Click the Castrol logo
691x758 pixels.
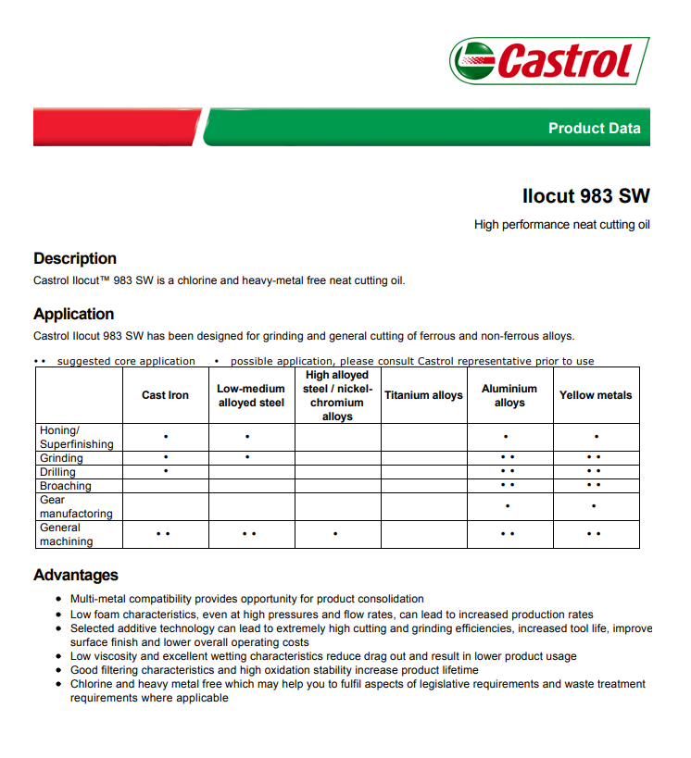point(549,61)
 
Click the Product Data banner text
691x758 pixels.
point(594,129)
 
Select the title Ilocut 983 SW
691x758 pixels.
point(586,196)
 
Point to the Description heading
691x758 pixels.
point(75,258)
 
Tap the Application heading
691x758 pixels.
point(74,314)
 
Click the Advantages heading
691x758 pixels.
point(76,575)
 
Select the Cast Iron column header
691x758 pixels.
point(165,395)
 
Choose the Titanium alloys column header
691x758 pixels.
point(423,395)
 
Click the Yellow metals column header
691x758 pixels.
point(596,395)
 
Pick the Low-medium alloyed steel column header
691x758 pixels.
point(251,396)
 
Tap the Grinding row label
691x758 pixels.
point(61,458)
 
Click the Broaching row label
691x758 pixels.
point(65,486)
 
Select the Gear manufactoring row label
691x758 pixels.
point(76,506)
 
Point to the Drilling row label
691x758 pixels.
point(57,472)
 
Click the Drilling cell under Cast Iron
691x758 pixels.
point(165,472)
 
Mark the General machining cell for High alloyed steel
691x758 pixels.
point(336,534)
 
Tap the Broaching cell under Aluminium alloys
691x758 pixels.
point(508,485)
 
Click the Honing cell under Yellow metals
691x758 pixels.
point(596,437)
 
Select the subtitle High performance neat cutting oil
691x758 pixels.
point(561,225)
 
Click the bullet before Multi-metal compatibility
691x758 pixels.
point(60,600)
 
